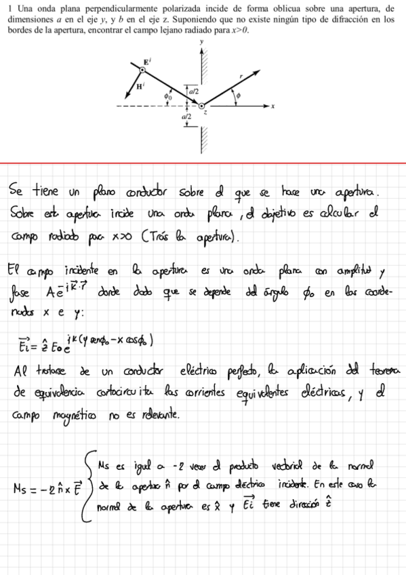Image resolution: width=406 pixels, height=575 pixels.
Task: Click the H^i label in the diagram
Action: (x=139, y=87)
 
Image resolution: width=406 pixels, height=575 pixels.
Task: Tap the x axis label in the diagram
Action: (x=273, y=106)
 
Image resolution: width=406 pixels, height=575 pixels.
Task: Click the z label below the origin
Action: (x=205, y=113)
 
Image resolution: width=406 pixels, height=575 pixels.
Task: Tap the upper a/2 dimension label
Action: (x=194, y=90)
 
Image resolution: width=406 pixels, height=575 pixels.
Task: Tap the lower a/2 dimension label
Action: (x=186, y=117)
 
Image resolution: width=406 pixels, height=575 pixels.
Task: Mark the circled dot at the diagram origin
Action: (x=201, y=106)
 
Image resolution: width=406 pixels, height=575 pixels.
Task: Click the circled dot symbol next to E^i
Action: (x=143, y=69)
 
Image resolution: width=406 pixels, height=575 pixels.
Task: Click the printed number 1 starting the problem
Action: (x=9, y=8)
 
